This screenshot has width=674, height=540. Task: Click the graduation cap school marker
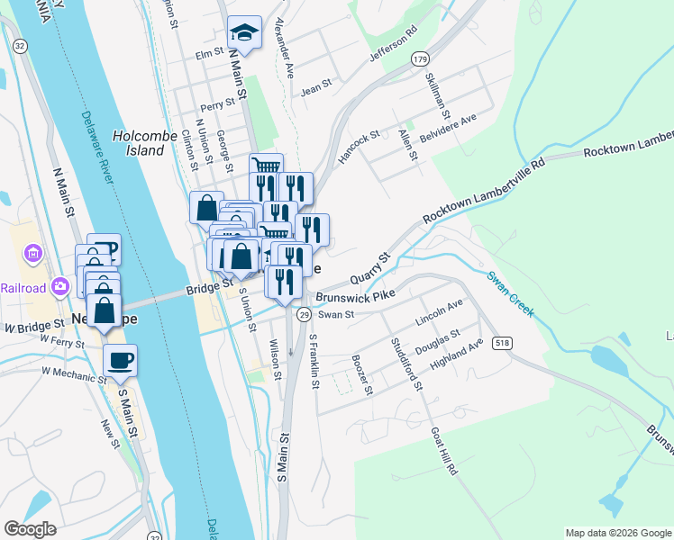pos(243,33)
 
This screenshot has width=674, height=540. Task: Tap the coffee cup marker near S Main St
pos(120,361)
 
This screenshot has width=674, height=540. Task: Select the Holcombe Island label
pos(139,143)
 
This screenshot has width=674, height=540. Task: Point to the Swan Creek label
pos(511,293)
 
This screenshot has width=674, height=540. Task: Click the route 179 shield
pos(420,58)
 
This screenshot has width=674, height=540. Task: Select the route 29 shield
pos(305,314)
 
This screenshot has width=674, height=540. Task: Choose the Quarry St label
pos(370,271)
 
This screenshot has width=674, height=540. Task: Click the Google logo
pos(30,529)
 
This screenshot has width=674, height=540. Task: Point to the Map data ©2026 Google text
pos(617,533)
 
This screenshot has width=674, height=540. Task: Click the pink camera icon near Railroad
pos(60,286)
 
